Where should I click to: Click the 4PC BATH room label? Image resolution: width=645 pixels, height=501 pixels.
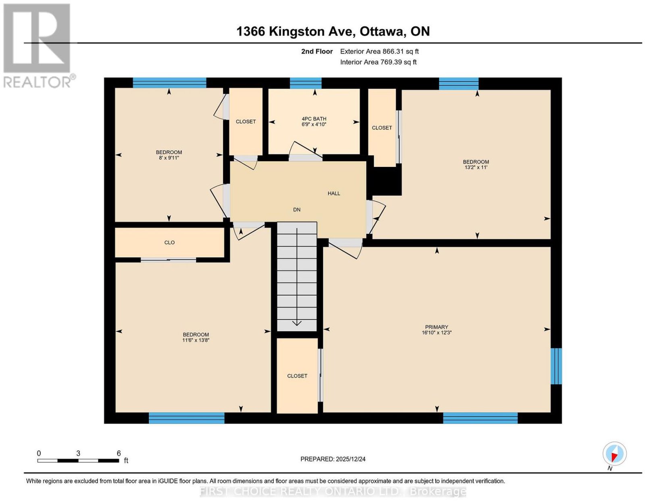pyautogui.click(x=314, y=118)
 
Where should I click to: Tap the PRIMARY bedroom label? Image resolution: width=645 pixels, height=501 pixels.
pyautogui.click(x=436, y=327)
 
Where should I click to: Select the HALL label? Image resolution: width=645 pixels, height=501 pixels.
pyautogui.click(x=334, y=193)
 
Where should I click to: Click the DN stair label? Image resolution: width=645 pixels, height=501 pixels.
pyautogui.click(x=297, y=210)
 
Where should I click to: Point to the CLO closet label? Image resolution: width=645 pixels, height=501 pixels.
pyautogui.click(x=169, y=242)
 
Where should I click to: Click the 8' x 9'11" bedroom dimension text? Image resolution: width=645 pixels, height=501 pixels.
pyautogui.click(x=169, y=158)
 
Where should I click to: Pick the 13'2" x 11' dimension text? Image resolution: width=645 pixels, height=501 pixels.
pyautogui.click(x=476, y=167)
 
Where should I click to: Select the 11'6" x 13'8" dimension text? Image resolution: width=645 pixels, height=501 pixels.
pyautogui.click(x=196, y=340)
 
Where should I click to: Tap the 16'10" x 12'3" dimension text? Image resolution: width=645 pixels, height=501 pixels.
pyautogui.click(x=437, y=333)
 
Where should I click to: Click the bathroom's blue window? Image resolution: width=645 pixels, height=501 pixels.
pyautogui.click(x=306, y=83)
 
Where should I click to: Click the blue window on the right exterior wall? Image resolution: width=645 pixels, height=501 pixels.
pyautogui.click(x=556, y=366)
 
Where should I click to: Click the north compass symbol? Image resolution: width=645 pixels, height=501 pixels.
pyautogui.click(x=614, y=453)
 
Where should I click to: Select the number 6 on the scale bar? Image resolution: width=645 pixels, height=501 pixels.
pyautogui.click(x=119, y=453)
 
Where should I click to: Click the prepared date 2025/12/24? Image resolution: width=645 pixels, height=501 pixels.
pyautogui.click(x=351, y=459)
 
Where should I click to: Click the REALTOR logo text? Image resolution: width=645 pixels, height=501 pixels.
pyautogui.click(x=38, y=82)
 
